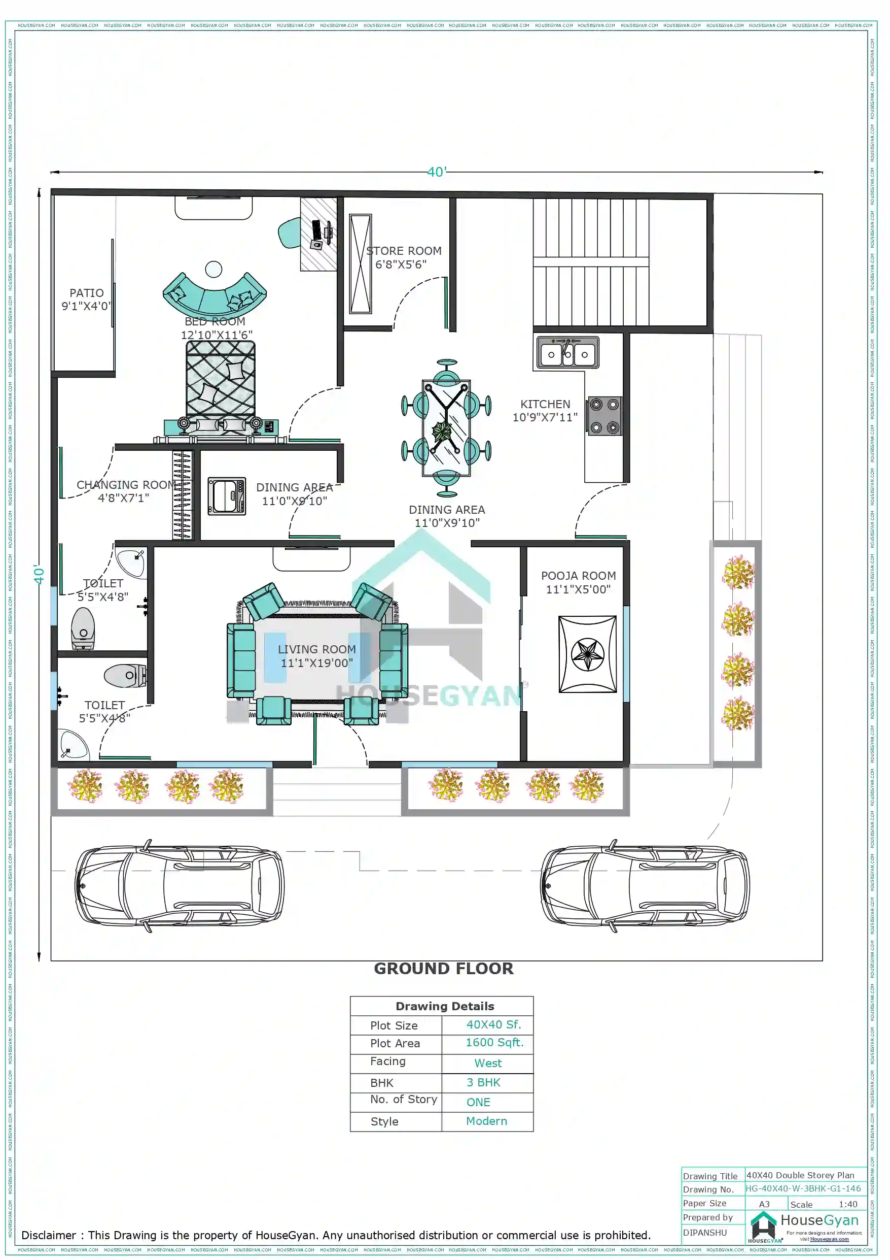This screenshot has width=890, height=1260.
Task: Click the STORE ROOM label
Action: [404, 251]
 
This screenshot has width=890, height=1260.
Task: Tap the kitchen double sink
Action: [567, 353]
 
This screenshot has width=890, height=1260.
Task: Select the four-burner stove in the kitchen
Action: [604, 415]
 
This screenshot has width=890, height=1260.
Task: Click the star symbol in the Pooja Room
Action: [587, 654]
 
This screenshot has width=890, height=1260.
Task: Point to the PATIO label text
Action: [86, 293]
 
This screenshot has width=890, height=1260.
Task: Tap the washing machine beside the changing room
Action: [227, 496]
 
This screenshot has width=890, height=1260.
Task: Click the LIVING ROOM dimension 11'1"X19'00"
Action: [317, 663]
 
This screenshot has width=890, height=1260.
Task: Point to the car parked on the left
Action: [180, 886]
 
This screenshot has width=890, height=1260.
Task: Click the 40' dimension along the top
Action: [437, 172]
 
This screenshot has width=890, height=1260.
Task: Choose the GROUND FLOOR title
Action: [444, 969]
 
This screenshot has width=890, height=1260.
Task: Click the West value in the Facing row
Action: [487, 1063]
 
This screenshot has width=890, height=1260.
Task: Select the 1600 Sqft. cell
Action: [494, 1042]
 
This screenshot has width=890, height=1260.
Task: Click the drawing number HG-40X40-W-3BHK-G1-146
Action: [803, 1188]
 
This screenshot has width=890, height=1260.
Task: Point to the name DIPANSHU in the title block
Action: [705, 1232]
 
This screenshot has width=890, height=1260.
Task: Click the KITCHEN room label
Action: [545, 404]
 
